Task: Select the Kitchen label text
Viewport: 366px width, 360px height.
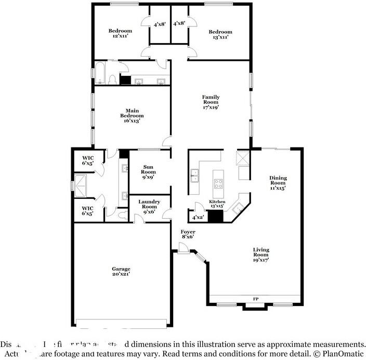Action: click(x=217, y=201)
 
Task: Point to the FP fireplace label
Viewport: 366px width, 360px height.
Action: click(x=255, y=299)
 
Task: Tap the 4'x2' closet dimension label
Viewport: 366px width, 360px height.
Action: click(x=198, y=218)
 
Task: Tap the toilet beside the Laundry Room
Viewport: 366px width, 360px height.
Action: click(x=121, y=214)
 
